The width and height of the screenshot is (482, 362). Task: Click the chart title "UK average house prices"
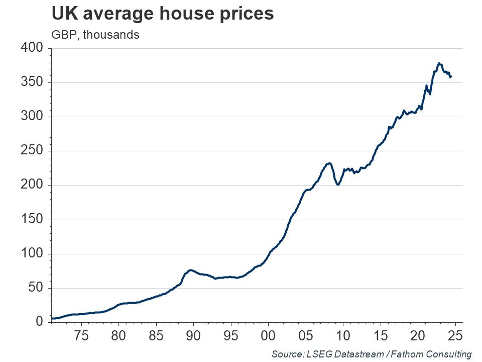(162, 14)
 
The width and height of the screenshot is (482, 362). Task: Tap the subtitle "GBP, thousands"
(95, 35)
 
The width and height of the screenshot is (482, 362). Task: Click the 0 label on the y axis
(40, 322)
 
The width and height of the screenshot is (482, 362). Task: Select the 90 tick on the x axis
(193, 335)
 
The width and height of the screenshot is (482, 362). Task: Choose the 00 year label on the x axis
(268, 335)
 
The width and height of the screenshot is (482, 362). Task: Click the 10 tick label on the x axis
(343, 335)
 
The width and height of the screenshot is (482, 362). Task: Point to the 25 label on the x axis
(455, 335)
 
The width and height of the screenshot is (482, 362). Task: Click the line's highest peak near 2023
(439, 63)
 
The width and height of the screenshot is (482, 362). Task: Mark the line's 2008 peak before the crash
(329, 163)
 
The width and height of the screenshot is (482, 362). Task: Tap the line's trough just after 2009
(338, 185)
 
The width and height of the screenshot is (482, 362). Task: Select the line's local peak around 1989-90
(190, 270)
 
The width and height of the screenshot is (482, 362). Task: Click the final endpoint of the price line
(451, 76)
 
